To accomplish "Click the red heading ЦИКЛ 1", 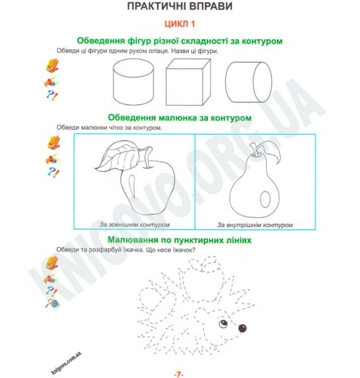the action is click(x=180, y=24).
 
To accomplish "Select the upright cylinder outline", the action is click(x=133, y=83).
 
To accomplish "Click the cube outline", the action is click(x=189, y=82).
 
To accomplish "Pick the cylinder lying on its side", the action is click(x=249, y=82).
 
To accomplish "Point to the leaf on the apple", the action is click(x=118, y=156).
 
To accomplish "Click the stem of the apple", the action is click(x=148, y=157).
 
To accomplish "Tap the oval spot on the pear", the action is click(x=265, y=199).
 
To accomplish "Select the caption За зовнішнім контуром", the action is click(x=135, y=225).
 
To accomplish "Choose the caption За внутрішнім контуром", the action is click(x=255, y=225).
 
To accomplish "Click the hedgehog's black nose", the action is click(x=242, y=328).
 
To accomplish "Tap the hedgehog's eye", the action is click(x=223, y=324).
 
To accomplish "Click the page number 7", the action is click(x=178, y=374).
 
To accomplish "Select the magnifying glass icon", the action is click(x=52, y=303).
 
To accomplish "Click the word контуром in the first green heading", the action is click(x=262, y=41).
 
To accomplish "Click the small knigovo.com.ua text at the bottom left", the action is click(x=66, y=363).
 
